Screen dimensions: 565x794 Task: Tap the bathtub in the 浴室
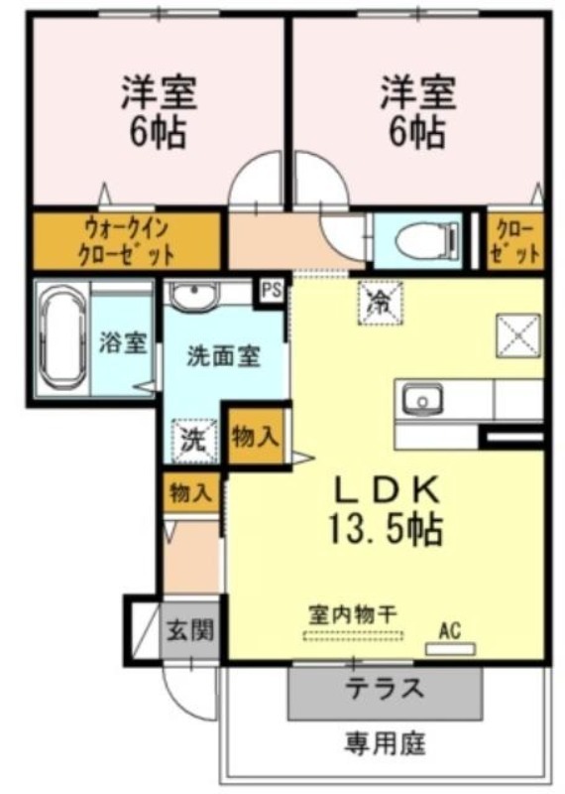[x=62, y=337]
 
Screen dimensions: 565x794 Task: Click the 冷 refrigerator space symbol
[x=382, y=303]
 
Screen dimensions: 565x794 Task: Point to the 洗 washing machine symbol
[x=194, y=441]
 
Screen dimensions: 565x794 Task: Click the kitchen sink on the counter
[x=422, y=400]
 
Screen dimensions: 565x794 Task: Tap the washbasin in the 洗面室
[x=194, y=295]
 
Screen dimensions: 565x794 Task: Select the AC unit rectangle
[x=450, y=649]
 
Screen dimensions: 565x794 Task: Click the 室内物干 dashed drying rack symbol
[x=353, y=635]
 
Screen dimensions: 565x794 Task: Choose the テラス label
[x=385, y=688]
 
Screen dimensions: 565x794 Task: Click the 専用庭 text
[x=386, y=743]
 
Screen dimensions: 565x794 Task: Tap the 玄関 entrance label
[x=190, y=630]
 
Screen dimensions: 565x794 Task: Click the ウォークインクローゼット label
[x=127, y=241]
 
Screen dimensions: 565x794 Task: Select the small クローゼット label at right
[x=515, y=241]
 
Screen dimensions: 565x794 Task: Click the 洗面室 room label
[x=224, y=356]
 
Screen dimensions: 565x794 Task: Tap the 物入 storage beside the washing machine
[x=255, y=437]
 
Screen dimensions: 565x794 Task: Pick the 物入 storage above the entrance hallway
[x=190, y=492]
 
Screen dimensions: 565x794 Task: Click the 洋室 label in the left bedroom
[x=159, y=92]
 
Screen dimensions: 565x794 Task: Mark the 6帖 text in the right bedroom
[x=417, y=133]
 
